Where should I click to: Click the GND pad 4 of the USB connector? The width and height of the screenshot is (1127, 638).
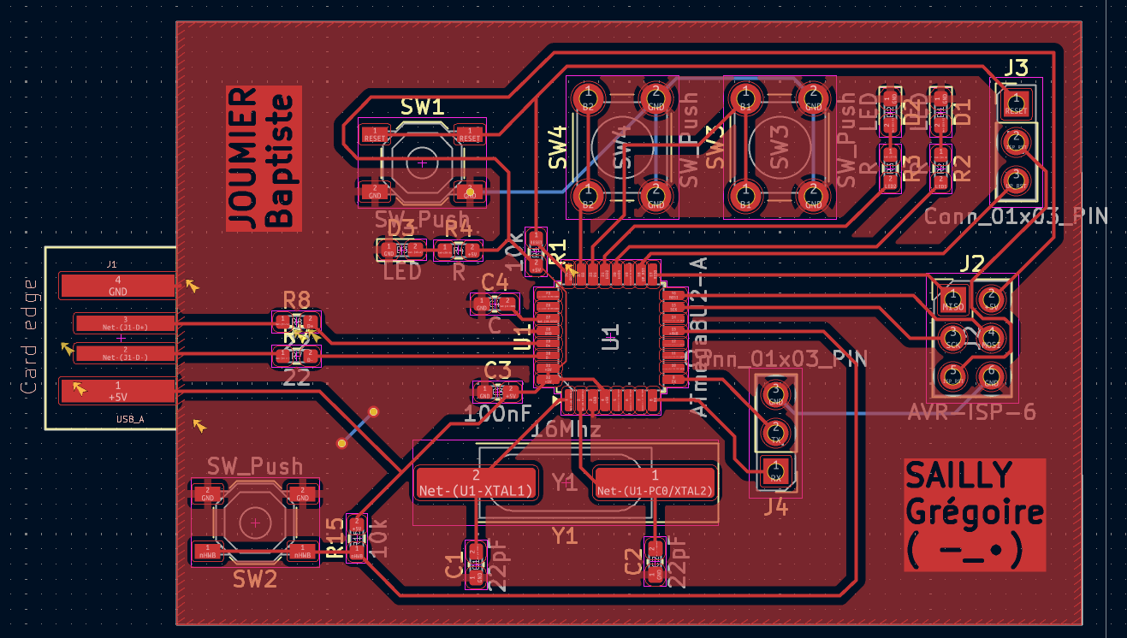pos(117,286)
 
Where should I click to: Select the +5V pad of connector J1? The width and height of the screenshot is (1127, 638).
pos(117,391)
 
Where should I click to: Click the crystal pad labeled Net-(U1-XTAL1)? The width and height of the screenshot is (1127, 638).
pos(476,484)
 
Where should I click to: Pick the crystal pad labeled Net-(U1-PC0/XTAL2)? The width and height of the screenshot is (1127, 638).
pos(655,484)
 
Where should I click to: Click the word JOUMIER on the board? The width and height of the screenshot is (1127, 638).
pos(244,158)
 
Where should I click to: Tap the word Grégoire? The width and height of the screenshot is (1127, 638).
pos(974,513)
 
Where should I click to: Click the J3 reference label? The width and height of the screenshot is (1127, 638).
pos(1017,68)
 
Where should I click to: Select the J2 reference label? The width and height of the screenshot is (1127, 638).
pos(972,263)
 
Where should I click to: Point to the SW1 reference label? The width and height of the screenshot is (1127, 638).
pos(423,107)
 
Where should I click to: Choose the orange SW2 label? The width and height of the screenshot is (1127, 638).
pos(255,580)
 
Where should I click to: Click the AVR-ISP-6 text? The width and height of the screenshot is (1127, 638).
pos(971,413)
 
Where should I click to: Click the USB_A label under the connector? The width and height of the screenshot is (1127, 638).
pos(130,420)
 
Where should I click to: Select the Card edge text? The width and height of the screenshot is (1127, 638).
pos(29,336)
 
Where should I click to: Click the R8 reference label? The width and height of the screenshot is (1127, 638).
pos(297,299)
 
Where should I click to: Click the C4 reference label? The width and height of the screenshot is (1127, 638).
pos(495,282)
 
